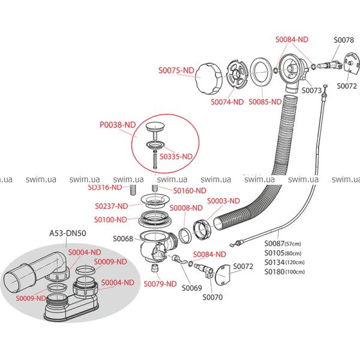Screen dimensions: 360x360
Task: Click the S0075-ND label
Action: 176,70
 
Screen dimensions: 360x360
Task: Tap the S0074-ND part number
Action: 227,102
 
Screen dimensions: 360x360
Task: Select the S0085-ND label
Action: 265,102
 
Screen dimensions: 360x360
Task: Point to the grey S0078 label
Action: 344,40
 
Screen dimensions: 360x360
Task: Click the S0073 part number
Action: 312,91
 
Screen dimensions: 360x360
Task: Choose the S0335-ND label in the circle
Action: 176,156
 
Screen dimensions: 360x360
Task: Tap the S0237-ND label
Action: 112,206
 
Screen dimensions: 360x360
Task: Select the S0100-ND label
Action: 110,220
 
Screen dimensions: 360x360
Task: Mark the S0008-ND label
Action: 186,208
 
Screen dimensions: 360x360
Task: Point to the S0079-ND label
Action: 160,283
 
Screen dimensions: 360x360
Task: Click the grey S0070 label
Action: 212,297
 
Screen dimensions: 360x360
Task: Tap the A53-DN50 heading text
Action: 67,233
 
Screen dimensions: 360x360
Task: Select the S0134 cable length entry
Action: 284,262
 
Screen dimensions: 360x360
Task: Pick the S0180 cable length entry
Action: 284,271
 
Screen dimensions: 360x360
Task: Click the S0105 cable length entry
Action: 284,253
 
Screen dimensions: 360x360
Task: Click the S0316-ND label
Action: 105,187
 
